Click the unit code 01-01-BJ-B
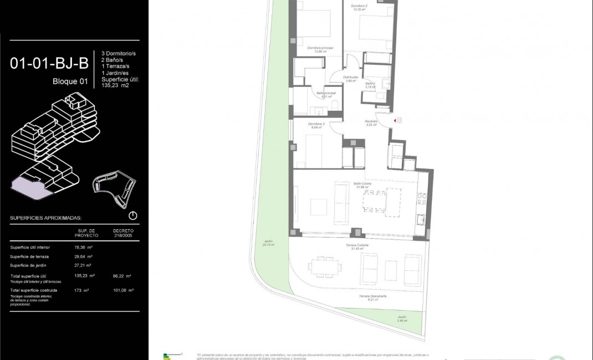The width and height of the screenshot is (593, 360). pyautogui.click(x=49, y=64)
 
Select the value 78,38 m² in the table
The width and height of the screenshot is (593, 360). pyautogui.click(x=83, y=248)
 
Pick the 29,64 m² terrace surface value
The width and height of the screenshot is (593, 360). pyautogui.click(x=83, y=256)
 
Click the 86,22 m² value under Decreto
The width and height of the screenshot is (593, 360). pyautogui.click(x=122, y=276)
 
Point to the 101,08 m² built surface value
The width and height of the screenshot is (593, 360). pyautogui.click(x=122, y=290)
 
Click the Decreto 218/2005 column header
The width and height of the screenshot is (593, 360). pyautogui.click(x=123, y=232)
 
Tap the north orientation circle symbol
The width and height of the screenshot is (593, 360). pyautogui.click(x=133, y=215)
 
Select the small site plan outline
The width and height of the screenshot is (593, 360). pyautogui.click(x=115, y=188)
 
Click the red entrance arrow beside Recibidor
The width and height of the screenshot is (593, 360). pyautogui.click(x=394, y=120)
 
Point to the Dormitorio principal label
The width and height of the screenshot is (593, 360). pyautogui.click(x=320, y=49)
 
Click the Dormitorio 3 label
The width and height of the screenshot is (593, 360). pyautogui.click(x=316, y=125)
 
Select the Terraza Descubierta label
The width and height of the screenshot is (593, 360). pyautogui.click(x=372, y=297)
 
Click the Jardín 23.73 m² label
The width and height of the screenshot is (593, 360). pyautogui.click(x=269, y=243)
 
